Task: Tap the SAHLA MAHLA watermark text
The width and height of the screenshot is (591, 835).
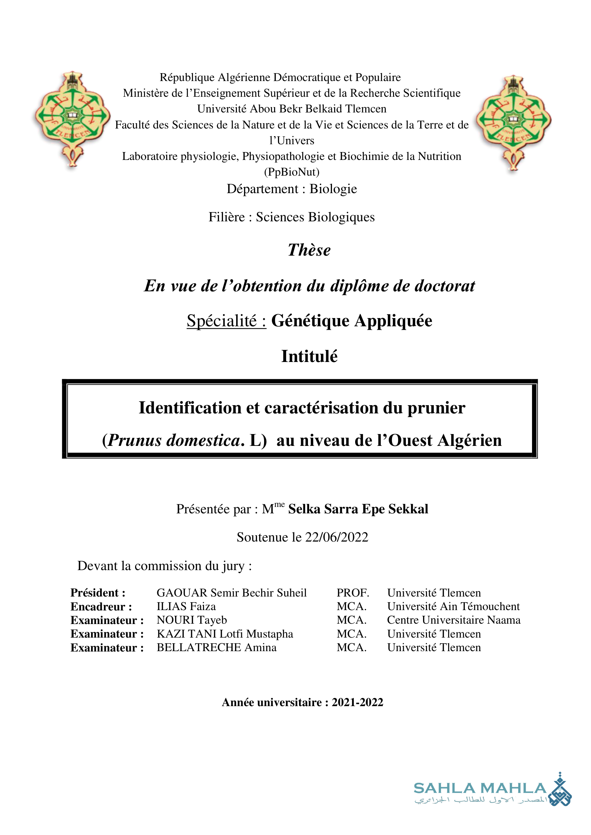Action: pyautogui.click(x=480, y=788)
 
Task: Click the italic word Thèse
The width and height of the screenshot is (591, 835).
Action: pyautogui.click(x=309, y=250)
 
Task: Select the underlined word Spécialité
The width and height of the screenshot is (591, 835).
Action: pyautogui.click(x=222, y=321)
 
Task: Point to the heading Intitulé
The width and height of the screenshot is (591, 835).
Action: pyautogui.click(x=309, y=356)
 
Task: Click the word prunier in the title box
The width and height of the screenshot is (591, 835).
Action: pyautogui.click(x=436, y=408)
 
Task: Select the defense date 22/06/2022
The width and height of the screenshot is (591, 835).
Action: pyautogui.click(x=337, y=537)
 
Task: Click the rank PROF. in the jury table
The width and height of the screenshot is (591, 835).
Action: pyautogui.click(x=352, y=593)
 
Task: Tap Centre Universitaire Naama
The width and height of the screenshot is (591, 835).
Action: pyautogui.click(x=453, y=620)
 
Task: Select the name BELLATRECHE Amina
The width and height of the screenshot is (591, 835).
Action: pyautogui.click(x=217, y=647)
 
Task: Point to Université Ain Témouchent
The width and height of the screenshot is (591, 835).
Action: pyautogui.click(x=453, y=606)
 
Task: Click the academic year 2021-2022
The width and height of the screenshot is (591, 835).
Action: pyautogui.click(x=357, y=702)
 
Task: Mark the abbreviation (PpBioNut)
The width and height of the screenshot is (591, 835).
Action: pyautogui.click(x=292, y=172)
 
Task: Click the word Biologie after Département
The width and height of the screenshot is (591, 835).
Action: pyautogui.click(x=333, y=189)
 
